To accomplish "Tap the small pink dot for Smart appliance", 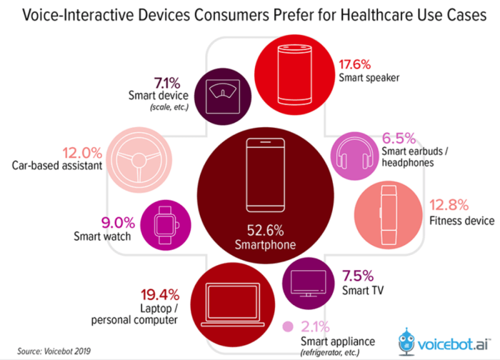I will [287, 328].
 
